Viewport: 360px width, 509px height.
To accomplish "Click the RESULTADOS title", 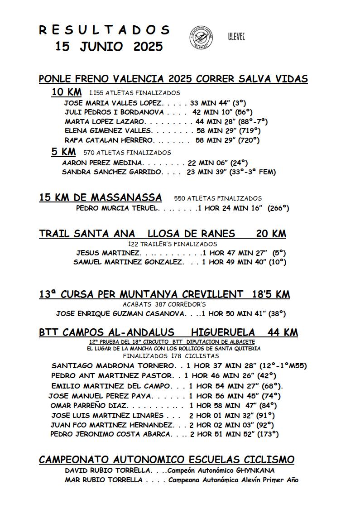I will pos(104,30).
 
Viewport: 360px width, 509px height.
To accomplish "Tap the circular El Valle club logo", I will pos(201,37).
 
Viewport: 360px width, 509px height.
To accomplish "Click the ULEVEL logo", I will pos(236,37).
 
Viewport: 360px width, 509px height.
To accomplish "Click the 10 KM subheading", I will pos(67,92).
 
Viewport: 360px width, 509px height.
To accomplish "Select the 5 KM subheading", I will pos(63,152).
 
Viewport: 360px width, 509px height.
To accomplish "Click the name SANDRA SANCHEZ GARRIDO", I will pos(112,172).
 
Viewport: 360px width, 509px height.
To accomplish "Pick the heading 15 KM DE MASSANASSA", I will pos(100,197).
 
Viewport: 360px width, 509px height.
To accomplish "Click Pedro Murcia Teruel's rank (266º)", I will pos(278,208).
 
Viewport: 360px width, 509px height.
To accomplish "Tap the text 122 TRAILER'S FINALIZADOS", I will pos(166,244).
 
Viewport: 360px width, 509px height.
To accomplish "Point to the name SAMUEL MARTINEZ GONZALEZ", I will pos(129,262).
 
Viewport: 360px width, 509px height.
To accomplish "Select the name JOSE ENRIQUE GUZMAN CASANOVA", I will pos(121,313).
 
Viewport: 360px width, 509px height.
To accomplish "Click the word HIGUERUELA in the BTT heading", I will pos(223,332).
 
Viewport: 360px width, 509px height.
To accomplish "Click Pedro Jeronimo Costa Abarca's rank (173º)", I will pos(268,434).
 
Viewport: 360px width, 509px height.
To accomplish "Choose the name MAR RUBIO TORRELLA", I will pos(104,480).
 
